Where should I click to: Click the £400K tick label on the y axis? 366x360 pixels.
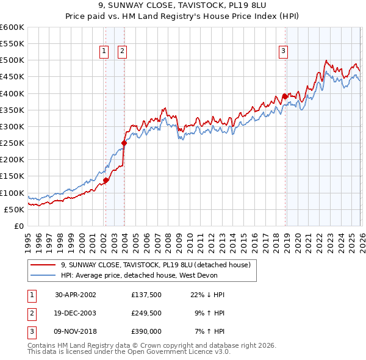pos(12,93)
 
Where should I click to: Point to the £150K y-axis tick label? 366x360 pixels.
pos(12,176)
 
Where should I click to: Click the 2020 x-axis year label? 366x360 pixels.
pos(296,238)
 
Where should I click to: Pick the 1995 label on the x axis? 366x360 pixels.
pos(27,238)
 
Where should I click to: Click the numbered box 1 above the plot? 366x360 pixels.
pos(105,52)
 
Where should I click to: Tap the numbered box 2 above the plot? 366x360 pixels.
pos(123,52)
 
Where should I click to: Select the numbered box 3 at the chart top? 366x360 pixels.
pos(284,52)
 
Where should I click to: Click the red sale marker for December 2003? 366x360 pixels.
pos(124,143)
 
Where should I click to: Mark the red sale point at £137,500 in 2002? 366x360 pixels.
pos(106,180)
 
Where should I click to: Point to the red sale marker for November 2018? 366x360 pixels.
pos(284,96)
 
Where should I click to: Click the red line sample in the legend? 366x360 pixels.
pos(43,265)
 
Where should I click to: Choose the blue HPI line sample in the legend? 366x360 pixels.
pos(43,275)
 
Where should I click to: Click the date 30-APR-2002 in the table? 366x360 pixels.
pos(76,295)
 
